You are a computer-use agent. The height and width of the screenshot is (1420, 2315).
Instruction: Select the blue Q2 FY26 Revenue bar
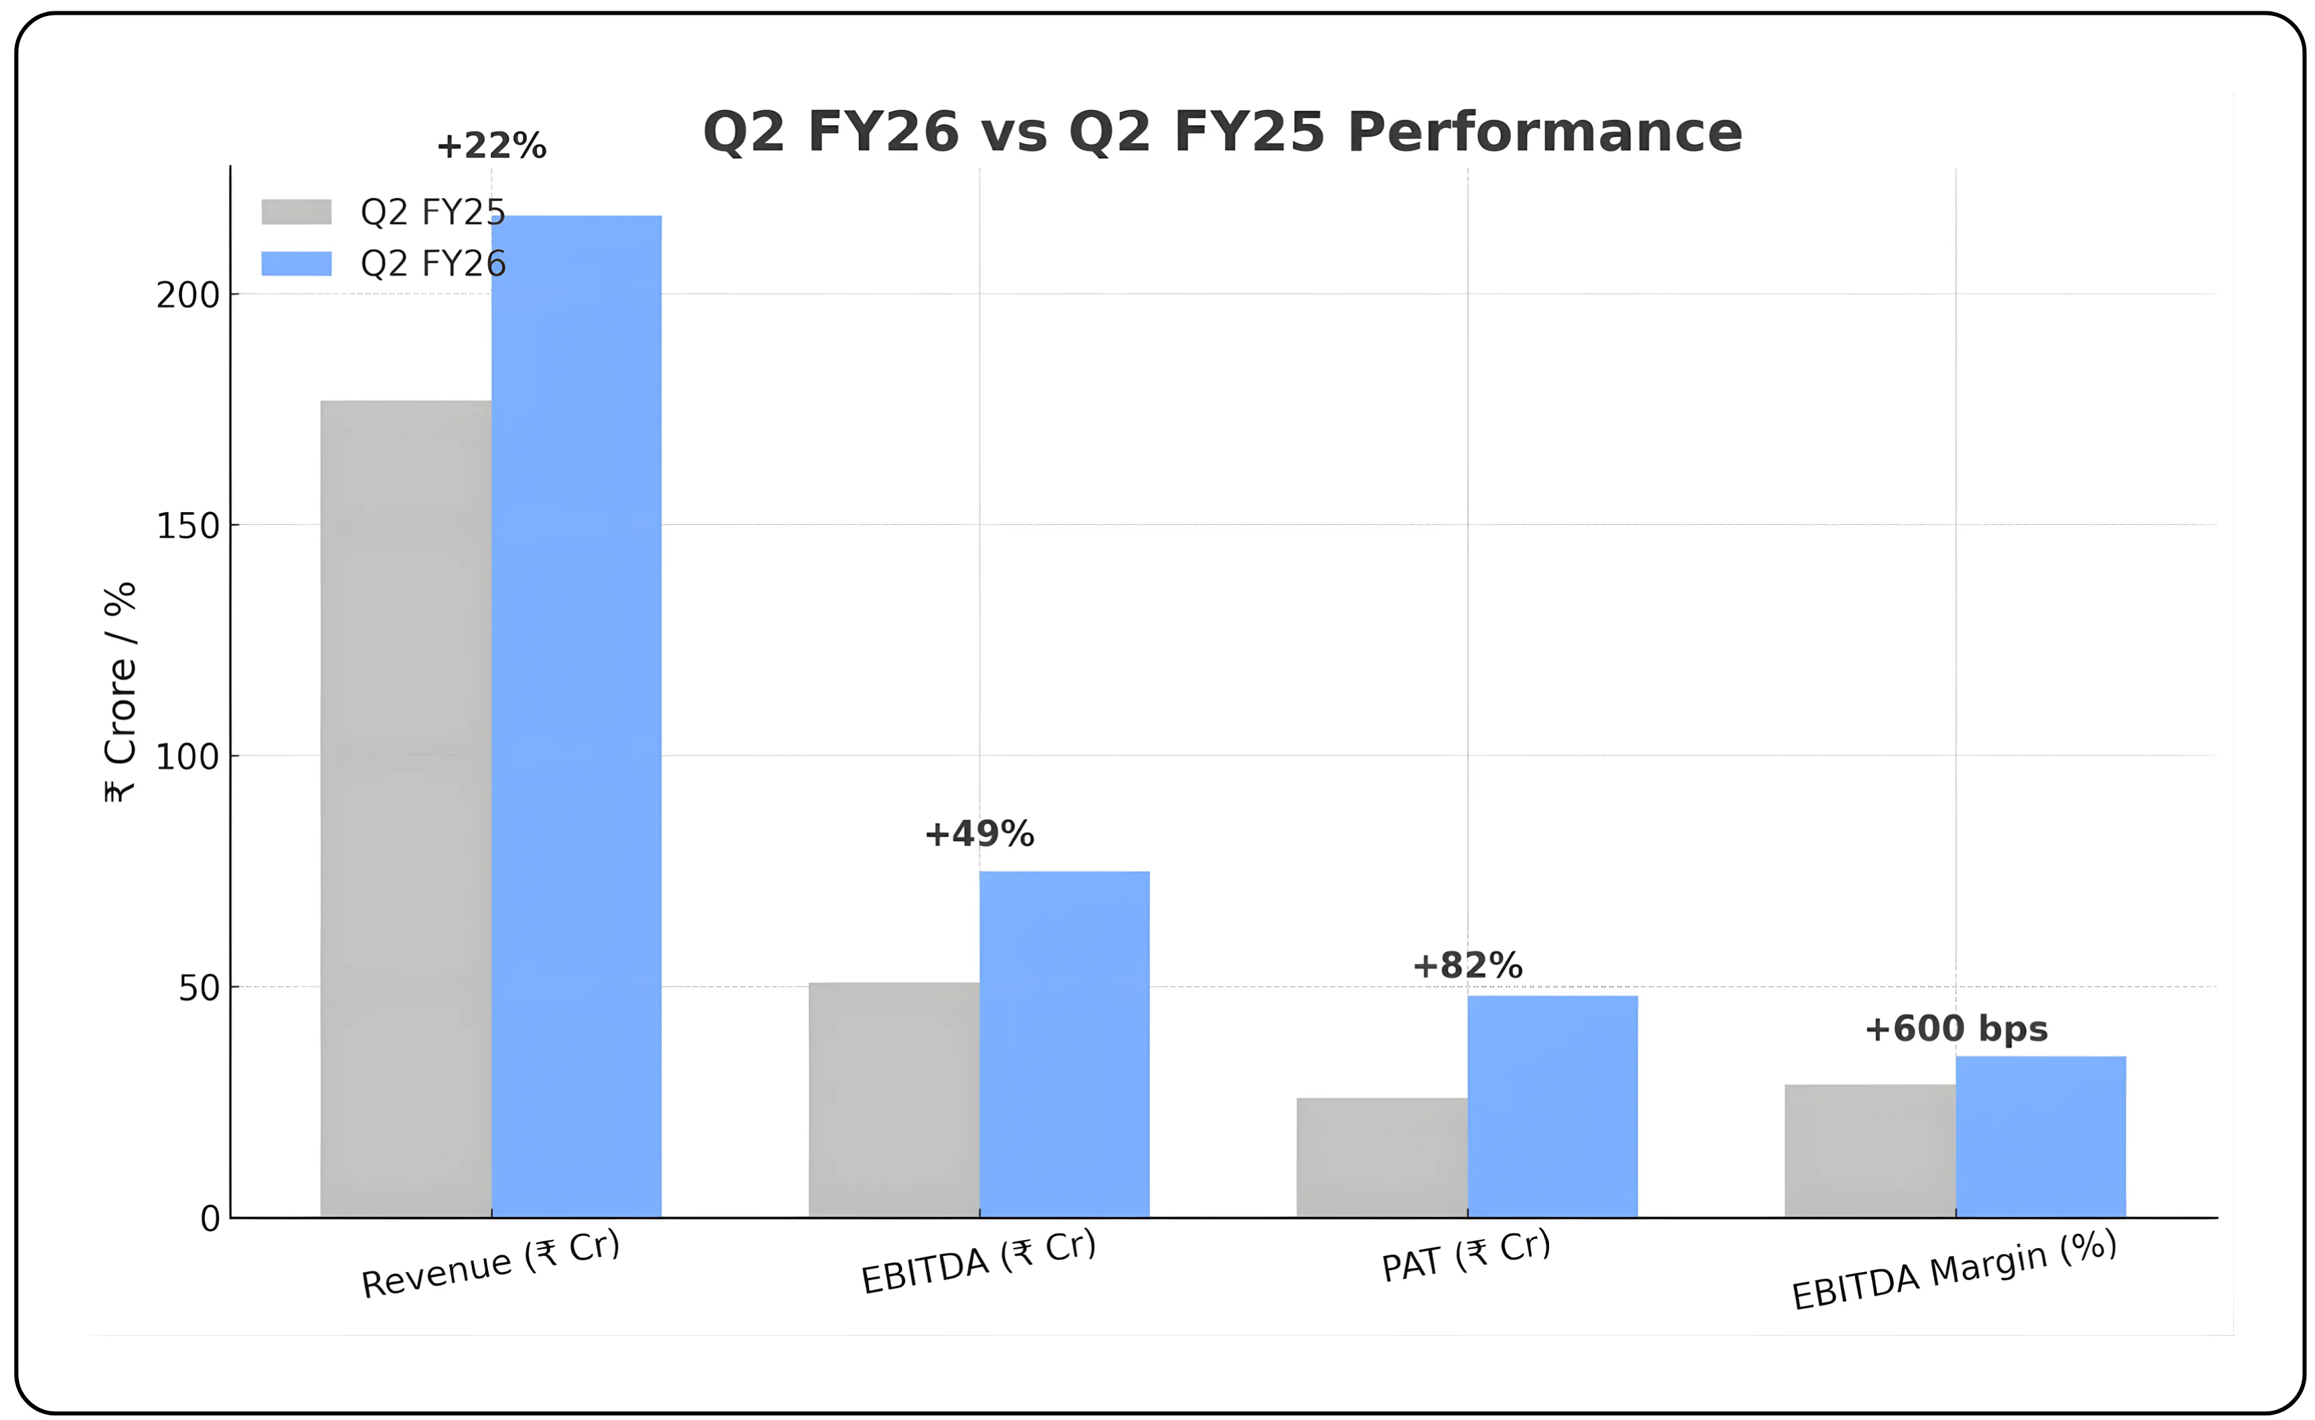coord(576,714)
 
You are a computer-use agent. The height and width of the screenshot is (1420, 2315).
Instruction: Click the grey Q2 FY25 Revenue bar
coord(405,808)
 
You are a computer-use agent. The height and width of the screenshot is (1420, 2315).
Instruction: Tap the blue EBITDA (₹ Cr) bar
coord(1064,1043)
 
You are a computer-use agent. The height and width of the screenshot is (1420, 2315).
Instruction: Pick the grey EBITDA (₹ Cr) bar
coord(894,1099)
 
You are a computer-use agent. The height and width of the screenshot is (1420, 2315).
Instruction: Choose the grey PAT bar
coord(1381,1157)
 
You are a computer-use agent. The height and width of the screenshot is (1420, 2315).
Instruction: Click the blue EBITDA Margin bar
coord(2041,1136)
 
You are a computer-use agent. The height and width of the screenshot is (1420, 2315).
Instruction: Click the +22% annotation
coord(491,146)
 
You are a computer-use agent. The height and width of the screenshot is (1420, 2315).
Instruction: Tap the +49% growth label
coord(979,834)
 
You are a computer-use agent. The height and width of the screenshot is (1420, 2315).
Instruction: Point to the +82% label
coord(1467,965)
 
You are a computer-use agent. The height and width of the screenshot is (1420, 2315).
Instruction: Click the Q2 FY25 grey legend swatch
coord(296,212)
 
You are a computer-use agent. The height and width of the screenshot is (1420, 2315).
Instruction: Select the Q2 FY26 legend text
coord(433,263)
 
